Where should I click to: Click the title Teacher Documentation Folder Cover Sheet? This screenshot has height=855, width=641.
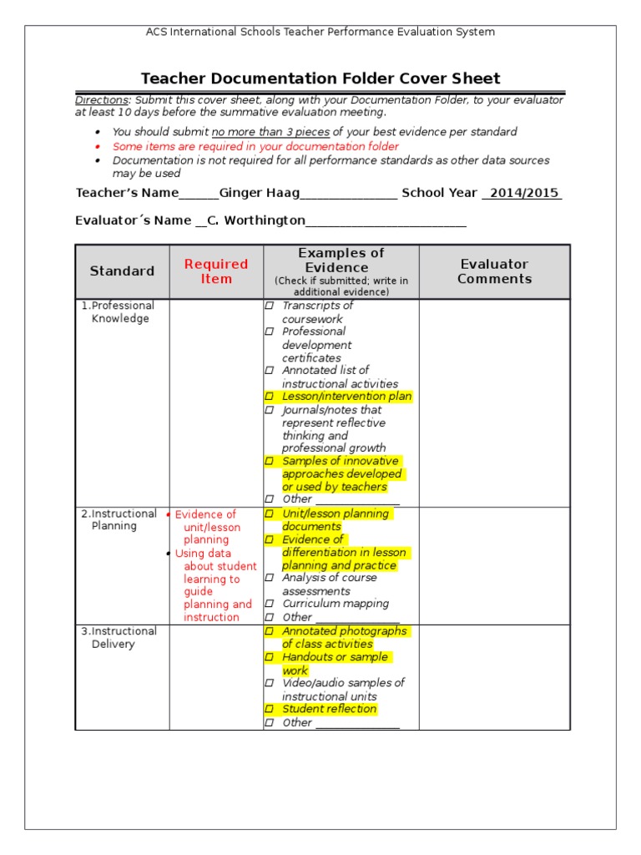[320, 78]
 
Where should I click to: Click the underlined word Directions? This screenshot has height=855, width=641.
[102, 100]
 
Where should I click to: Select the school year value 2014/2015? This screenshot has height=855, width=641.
[523, 193]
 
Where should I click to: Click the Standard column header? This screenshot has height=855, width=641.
[122, 271]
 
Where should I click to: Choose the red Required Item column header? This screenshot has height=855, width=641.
[216, 271]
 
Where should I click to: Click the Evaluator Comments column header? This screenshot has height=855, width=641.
[494, 271]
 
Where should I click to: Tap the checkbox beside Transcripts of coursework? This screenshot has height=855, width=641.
[270, 306]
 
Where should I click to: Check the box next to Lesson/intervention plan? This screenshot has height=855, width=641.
[270, 397]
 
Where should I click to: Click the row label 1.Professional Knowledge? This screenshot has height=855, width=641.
[119, 311]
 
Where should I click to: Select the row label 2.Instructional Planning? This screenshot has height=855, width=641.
[119, 519]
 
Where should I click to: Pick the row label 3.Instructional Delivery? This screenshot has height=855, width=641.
[119, 637]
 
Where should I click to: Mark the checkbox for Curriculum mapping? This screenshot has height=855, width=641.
[270, 604]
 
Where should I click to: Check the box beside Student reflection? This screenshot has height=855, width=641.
[270, 710]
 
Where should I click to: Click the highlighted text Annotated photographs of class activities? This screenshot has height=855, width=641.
[342, 637]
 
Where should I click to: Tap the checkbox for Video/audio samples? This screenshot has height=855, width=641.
[270, 683]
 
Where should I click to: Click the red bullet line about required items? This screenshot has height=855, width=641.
[255, 146]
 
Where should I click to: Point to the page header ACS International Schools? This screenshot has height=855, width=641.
[320, 32]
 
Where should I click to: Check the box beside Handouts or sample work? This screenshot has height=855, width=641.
[270, 658]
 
